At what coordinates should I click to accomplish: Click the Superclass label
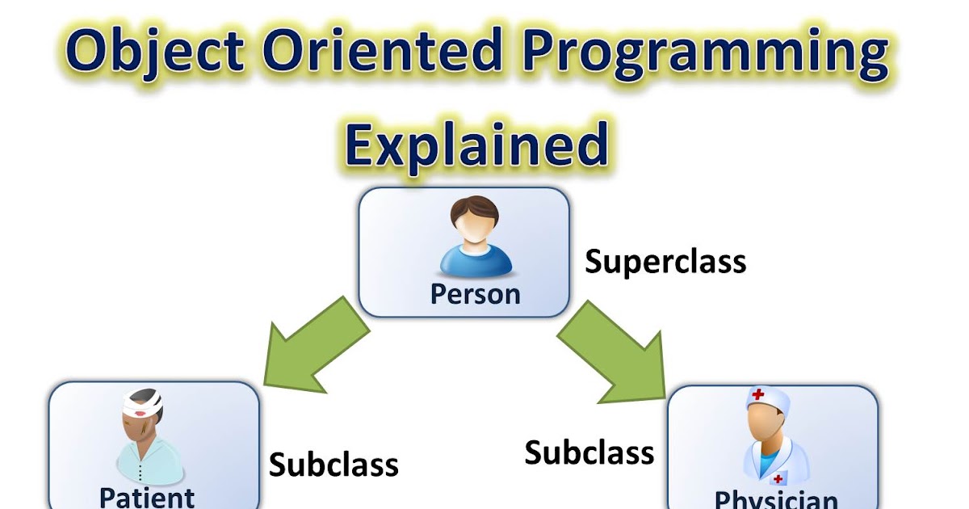(x=665, y=262)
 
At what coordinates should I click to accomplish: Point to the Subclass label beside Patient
(x=333, y=465)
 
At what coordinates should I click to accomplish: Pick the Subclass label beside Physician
(x=589, y=452)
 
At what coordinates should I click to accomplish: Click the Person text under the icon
(x=475, y=293)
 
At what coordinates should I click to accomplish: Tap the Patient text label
(x=147, y=496)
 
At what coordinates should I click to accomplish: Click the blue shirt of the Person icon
(x=475, y=263)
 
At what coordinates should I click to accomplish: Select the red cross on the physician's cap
(x=758, y=396)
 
